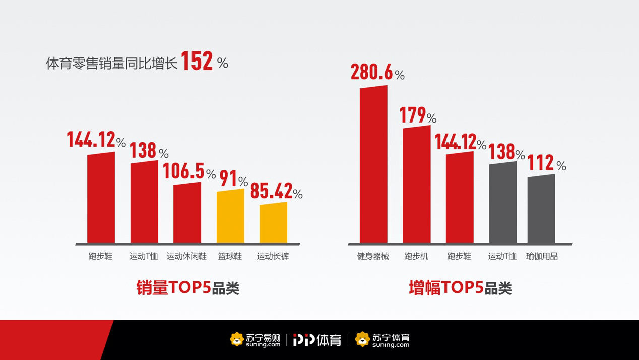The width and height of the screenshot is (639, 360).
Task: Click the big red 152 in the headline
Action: [197, 62]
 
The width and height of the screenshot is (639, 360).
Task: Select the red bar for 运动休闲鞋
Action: [187, 213]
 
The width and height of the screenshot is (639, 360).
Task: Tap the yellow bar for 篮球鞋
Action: [230, 216]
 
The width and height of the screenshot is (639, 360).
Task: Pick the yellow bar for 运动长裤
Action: [273, 223]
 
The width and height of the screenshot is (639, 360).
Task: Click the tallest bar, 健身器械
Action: [373, 165]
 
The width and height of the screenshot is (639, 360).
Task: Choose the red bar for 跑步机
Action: [417, 185]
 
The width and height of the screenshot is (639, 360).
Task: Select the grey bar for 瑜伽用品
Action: [541, 209]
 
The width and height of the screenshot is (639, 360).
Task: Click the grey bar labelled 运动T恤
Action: [503, 203]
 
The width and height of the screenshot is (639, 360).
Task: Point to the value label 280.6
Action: [371, 72]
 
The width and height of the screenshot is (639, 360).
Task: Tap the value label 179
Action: [413, 115]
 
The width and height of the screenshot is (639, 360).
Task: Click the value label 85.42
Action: [271, 191]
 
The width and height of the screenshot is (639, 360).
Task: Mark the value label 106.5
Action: [183, 171]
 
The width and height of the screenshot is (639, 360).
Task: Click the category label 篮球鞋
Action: [230, 256]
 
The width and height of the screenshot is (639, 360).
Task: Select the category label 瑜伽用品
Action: [542, 256]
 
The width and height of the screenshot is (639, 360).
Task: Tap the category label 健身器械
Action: [373, 256]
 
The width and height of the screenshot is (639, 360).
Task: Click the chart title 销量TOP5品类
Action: [187, 288]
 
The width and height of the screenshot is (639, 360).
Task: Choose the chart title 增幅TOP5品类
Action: [460, 288]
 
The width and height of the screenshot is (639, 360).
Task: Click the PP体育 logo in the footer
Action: [317, 340]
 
